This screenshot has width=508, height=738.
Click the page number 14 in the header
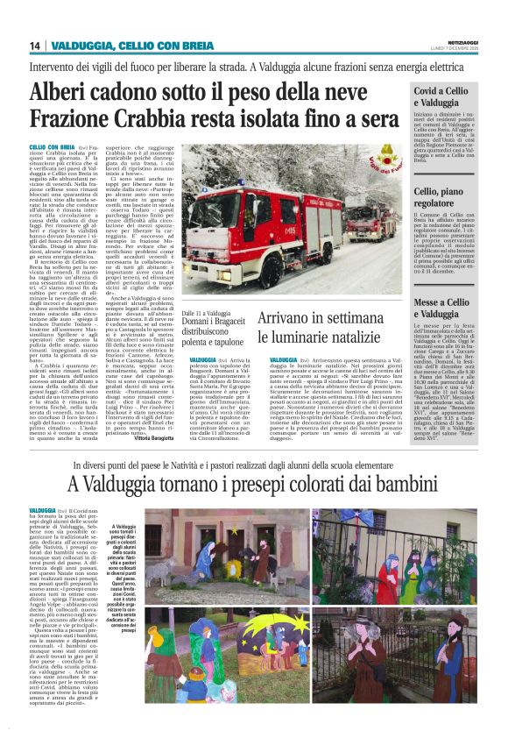(35, 46)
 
